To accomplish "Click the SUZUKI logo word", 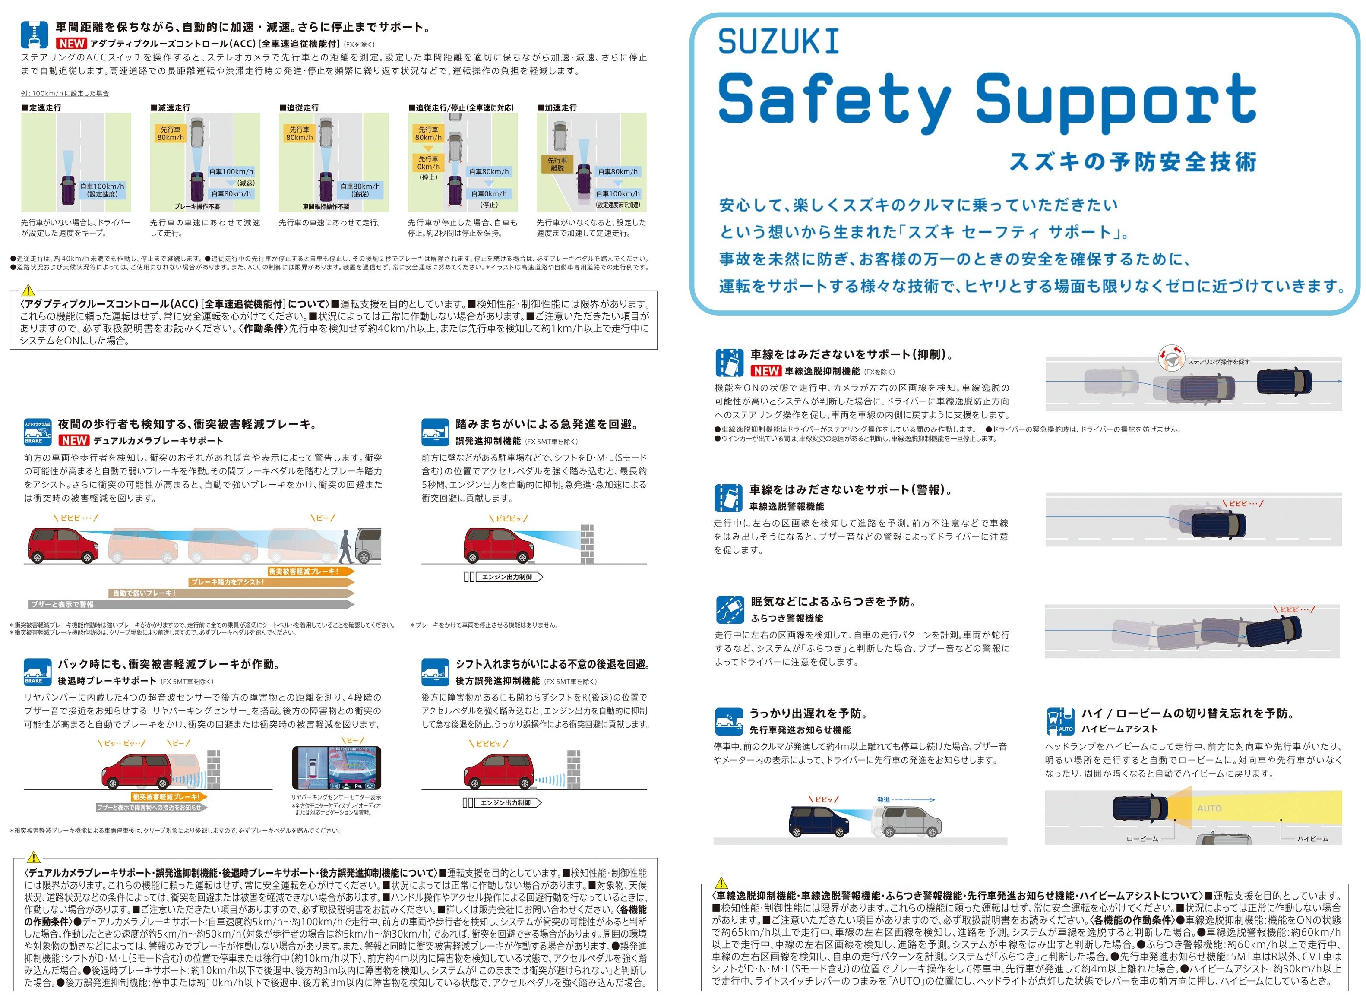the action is coord(778,41).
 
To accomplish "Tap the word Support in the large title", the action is coord(1116,102).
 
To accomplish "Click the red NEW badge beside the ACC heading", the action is coord(72,43).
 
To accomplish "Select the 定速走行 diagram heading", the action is coord(41,107).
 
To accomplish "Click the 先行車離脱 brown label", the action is coord(557,164).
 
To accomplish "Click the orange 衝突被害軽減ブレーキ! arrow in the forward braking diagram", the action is coord(311,571).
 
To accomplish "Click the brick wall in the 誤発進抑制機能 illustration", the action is coord(586,544).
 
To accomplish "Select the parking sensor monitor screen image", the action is coord(336,768).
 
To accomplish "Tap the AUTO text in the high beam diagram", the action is coord(1209,808).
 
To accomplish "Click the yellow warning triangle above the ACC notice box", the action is coord(28,291).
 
